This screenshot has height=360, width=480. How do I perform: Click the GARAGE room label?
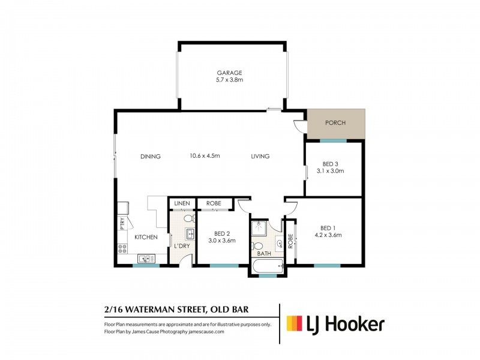pos(230,73)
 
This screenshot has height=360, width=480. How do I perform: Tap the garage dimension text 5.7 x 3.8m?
pos(230,80)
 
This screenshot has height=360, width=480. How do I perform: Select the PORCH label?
pos(335,123)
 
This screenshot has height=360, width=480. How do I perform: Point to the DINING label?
pos(151,157)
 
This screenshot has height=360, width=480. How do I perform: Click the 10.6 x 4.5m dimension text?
pos(205,156)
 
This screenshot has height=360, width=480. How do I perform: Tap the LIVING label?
pos(260,157)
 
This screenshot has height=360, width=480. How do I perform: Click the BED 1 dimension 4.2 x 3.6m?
pos(327,235)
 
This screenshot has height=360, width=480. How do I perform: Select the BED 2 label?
pos(221,233)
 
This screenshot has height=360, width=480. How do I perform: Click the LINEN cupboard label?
pos(182,204)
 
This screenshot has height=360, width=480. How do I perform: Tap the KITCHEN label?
pos(146,238)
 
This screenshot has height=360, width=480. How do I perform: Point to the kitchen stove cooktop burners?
pos(122,247)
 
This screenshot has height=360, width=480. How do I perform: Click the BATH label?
pos(264,254)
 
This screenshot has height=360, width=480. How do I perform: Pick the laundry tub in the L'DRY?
pos(189,234)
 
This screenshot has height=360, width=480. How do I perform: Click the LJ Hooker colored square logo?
pos(293,325)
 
